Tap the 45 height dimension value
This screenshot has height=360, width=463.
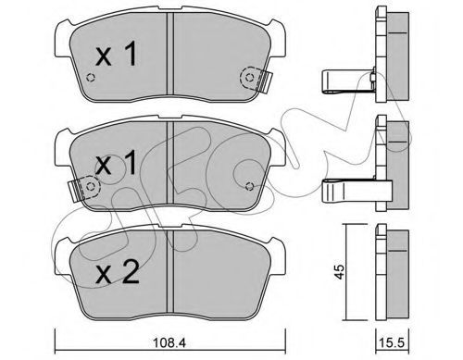[340, 272]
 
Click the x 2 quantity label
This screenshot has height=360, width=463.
[117, 272]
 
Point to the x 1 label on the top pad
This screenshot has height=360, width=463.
[116, 55]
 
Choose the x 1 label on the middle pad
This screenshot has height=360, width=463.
[116, 163]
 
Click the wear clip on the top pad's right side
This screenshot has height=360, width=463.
[264, 81]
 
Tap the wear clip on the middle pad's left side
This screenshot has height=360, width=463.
[76, 190]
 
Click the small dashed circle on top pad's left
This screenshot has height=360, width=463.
[91, 78]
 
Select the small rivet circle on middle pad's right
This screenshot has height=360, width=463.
[249, 186]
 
